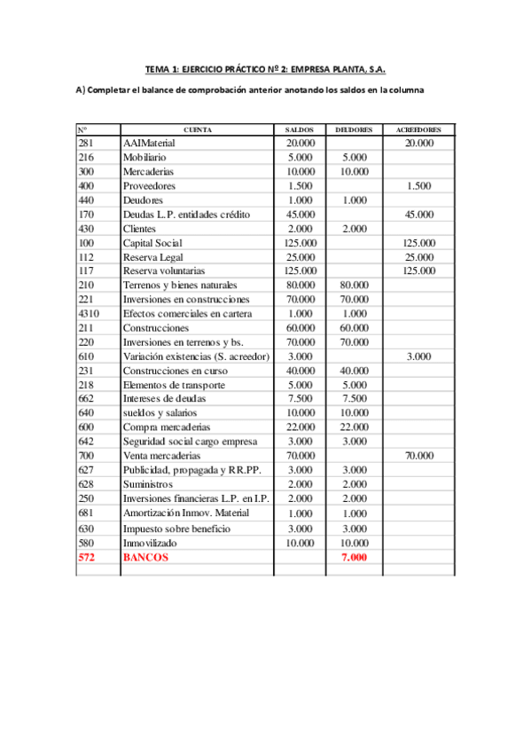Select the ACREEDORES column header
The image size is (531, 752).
[418, 129]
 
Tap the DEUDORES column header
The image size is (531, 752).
[354, 129]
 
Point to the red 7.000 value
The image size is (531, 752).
[354, 557]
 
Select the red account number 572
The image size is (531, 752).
[86, 557]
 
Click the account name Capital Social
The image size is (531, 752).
[152, 243]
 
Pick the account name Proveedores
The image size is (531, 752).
[149, 186]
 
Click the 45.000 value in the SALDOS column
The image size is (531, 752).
[301, 215]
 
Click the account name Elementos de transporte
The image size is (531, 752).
[174, 385]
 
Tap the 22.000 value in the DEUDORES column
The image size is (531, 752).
[354, 427]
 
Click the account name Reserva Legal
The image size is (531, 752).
[151, 257]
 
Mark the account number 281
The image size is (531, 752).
[86, 143]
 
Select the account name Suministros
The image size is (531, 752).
[147, 484]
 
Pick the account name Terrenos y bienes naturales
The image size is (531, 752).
[180, 286]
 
